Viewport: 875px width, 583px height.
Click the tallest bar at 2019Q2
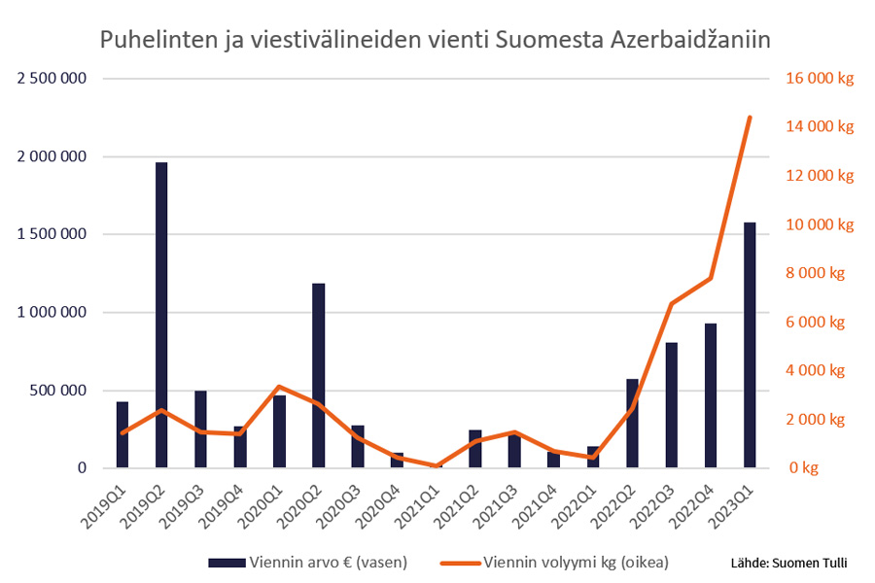(x=161, y=315)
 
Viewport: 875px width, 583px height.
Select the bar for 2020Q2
(x=318, y=375)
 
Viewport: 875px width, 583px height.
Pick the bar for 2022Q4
(x=711, y=395)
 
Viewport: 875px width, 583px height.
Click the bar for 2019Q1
(x=122, y=434)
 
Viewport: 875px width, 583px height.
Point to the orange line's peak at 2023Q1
(x=750, y=118)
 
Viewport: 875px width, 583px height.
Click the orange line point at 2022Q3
(x=671, y=304)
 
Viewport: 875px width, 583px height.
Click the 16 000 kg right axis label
(x=820, y=79)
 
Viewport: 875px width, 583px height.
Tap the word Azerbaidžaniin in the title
(x=691, y=42)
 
